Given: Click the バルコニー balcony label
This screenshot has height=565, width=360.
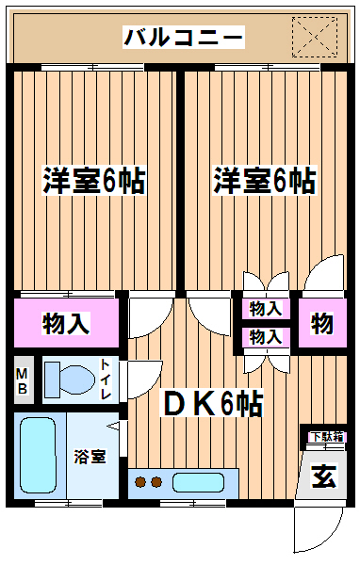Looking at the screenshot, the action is (183, 37).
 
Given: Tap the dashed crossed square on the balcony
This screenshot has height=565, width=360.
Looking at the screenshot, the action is (315, 37).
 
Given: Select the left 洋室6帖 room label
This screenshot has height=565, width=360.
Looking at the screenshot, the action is (94, 180).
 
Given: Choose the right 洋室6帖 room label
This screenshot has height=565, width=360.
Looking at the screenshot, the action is (265, 180).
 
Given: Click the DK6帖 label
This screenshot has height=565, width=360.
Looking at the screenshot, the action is (213, 403).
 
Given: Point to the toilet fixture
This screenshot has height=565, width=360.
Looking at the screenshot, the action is (70, 379).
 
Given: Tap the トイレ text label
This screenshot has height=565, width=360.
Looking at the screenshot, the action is (106, 379).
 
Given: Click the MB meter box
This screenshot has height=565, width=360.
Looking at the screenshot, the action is (23, 379).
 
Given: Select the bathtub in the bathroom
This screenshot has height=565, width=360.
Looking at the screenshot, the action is (39, 456).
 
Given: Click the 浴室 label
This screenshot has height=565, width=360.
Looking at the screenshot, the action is (90, 457).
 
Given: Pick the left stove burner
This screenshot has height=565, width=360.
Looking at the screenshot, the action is (140, 482).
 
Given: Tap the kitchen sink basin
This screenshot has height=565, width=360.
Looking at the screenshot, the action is (198, 482).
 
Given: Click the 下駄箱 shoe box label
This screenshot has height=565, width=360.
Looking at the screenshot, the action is (327, 437).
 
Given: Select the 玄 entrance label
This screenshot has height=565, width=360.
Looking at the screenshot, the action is (324, 476).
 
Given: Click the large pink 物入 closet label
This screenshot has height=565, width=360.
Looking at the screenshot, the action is (66, 323).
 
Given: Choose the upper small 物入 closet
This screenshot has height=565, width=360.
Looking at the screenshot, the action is (266, 309).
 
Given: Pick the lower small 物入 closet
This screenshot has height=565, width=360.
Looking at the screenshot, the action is (266, 337).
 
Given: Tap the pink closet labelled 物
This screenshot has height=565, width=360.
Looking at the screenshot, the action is (322, 323).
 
